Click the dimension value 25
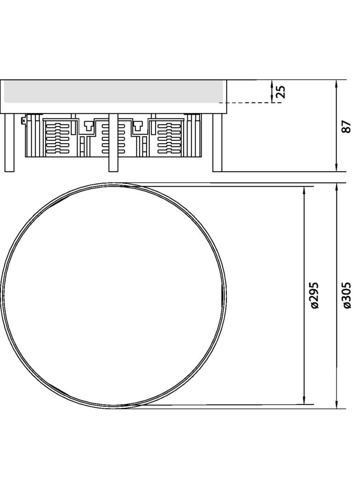tap(281, 91)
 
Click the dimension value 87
tap(347, 126)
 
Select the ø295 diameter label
tap(315, 295)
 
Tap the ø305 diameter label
tap(347, 295)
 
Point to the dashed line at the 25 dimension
tap(253, 103)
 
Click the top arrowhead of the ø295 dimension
tap(304, 189)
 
